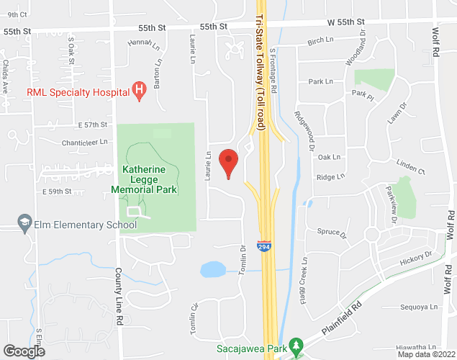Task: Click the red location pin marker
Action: pyautogui.click(x=228, y=162)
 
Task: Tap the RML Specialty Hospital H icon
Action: pyautogui.click(x=140, y=91)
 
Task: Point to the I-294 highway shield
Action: pyautogui.click(x=264, y=246)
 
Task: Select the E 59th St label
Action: pyautogui.click(x=58, y=192)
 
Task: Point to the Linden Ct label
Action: pyautogui.click(x=411, y=171)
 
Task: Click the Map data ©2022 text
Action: pyautogui.click(x=427, y=354)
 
